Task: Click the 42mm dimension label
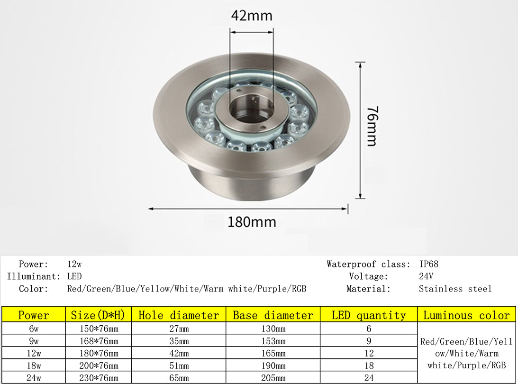click(x=252, y=16)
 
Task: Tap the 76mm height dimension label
click(x=371, y=127)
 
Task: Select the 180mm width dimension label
click(x=252, y=222)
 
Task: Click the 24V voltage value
click(x=427, y=276)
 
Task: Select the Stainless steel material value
click(x=455, y=289)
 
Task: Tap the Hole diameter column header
click(x=179, y=315)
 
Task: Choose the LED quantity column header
click(x=369, y=315)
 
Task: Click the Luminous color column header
click(x=466, y=315)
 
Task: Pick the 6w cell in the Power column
click(x=33, y=329)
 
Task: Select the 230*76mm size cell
click(x=97, y=378)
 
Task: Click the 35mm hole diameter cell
click(x=179, y=341)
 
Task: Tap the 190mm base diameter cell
click(x=273, y=366)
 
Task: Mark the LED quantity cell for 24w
click(x=369, y=378)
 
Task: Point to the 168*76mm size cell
click(x=97, y=341)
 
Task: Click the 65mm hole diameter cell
click(x=179, y=378)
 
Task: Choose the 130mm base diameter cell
click(x=273, y=329)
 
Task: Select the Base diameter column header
click(x=273, y=315)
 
